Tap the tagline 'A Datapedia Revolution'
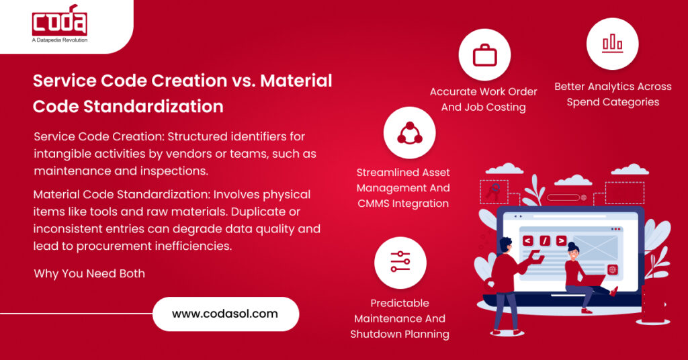tap(60, 40)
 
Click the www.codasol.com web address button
tap(225, 314)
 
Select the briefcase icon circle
tap(484, 55)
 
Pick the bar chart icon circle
tap(612, 44)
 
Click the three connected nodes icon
tap(409, 132)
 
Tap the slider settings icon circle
tap(400, 262)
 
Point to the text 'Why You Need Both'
tap(89, 273)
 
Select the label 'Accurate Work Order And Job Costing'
tap(484, 99)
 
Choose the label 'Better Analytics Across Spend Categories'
tap(613, 94)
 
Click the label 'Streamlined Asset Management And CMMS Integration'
tap(403, 188)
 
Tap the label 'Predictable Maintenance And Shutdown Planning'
tap(400, 318)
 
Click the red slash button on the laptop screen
tap(544, 240)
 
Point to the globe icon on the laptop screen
tap(612, 269)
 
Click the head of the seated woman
tap(572, 250)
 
